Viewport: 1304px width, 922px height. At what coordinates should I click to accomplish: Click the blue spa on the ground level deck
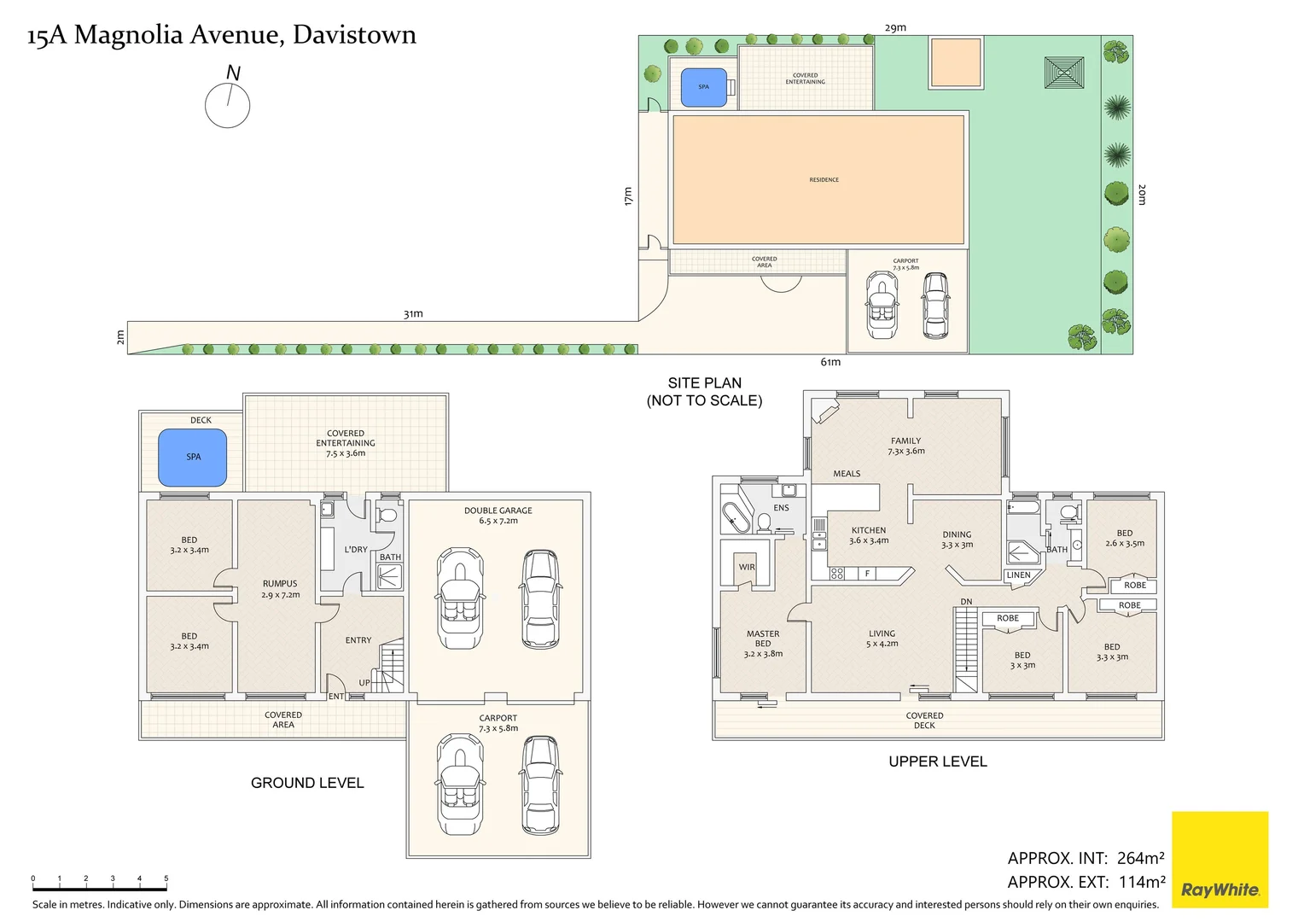pyautogui.click(x=193, y=458)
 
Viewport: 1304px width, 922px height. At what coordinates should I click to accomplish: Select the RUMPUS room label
pyautogui.click(x=280, y=584)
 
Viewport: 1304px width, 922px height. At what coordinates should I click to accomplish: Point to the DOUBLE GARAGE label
pyautogui.click(x=498, y=511)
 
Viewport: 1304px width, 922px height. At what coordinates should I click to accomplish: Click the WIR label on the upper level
pyautogui.click(x=747, y=567)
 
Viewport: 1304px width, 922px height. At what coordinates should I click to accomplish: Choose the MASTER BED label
pyautogui.click(x=763, y=639)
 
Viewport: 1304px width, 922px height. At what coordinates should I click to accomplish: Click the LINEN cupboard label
pyautogui.click(x=1018, y=575)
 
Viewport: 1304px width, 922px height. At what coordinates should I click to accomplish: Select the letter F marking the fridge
pyautogui.click(x=867, y=574)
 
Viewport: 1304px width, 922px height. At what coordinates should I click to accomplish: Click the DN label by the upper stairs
pyautogui.click(x=966, y=602)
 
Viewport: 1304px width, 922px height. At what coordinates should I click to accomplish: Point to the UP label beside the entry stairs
pyautogui.click(x=364, y=683)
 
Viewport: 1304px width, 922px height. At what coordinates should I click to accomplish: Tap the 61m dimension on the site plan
pyautogui.click(x=830, y=362)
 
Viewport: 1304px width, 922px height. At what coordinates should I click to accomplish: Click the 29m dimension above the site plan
pyautogui.click(x=895, y=27)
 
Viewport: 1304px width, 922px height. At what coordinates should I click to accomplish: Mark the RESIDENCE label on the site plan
pyautogui.click(x=824, y=179)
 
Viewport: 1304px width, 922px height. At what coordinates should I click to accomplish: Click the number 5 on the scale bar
pyautogui.click(x=166, y=878)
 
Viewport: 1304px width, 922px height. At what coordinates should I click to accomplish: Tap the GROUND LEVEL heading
pyautogui.click(x=307, y=783)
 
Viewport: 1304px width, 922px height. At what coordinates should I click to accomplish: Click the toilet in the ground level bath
pyautogui.click(x=387, y=515)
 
